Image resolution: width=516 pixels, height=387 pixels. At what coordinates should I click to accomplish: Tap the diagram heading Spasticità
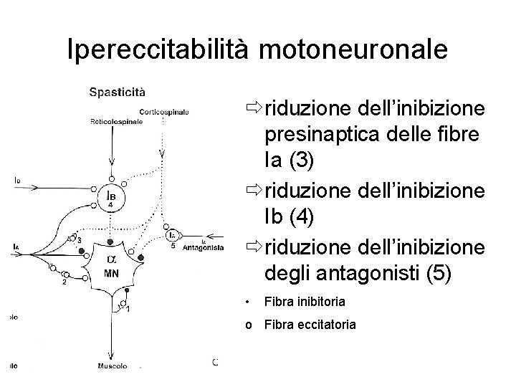(x=118, y=91)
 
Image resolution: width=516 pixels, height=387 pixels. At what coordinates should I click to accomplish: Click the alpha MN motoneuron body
(x=111, y=265)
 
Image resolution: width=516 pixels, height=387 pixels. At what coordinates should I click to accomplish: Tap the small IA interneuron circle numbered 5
(x=171, y=235)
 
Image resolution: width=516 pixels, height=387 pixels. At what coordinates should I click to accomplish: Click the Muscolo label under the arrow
(x=113, y=366)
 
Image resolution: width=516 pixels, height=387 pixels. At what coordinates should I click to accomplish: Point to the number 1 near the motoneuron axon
(x=128, y=309)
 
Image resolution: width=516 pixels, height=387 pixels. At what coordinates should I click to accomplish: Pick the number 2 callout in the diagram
(x=64, y=282)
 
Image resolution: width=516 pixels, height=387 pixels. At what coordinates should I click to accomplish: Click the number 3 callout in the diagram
(x=80, y=239)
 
